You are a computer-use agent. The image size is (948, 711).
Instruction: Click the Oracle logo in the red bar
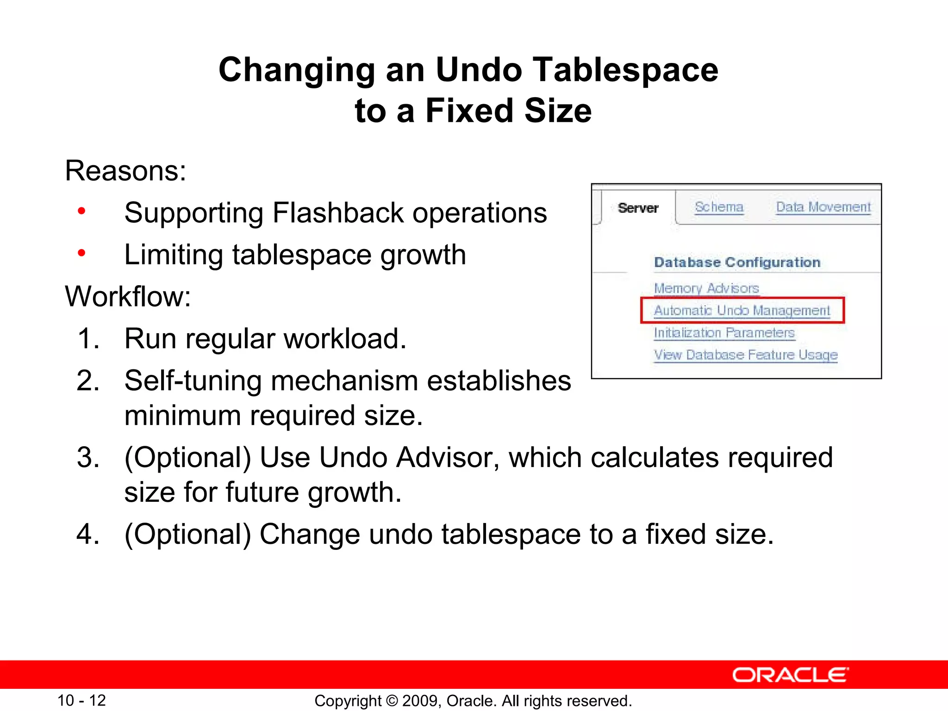click(x=790, y=675)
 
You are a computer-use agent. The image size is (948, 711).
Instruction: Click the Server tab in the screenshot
click(x=638, y=208)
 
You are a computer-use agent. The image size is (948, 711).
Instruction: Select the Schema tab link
click(x=719, y=207)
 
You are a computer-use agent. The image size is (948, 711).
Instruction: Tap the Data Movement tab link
click(x=823, y=207)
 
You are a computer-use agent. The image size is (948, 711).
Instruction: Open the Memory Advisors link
click(x=706, y=288)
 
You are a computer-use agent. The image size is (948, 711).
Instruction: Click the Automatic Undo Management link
click(x=742, y=310)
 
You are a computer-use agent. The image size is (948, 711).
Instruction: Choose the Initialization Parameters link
click(x=724, y=333)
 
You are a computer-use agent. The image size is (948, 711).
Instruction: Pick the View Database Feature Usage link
click(x=746, y=355)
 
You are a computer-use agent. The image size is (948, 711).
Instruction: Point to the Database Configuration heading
click(x=737, y=262)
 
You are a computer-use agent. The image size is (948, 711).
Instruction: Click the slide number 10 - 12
click(x=81, y=700)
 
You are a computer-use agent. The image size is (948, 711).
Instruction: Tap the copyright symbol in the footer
click(x=392, y=701)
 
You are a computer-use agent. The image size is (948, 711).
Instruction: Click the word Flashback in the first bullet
click(x=338, y=213)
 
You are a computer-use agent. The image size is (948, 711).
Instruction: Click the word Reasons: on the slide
click(x=125, y=171)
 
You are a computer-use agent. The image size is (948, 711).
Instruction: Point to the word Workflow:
click(x=128, y=296)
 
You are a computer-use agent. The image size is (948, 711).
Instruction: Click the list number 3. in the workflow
click(x=88, y=457)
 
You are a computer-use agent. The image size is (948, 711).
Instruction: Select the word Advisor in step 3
click(x=448, y=457)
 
